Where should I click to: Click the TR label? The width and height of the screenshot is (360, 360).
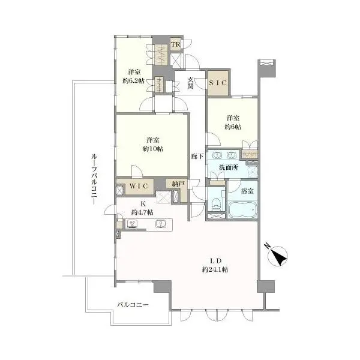(x=176, y=44)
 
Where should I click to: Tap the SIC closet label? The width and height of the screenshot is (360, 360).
(x=218, y=83)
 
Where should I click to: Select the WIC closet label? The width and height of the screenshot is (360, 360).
(x=139, y=186)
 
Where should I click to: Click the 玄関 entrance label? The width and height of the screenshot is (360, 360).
(x=190, y=83)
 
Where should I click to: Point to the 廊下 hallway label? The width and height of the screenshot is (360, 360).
(x=197, y=157)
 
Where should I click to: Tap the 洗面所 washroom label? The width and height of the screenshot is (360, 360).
(x=228, y=167)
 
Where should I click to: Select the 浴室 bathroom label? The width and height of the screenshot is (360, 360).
(x=247, y=191)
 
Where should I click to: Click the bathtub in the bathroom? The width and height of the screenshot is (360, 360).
(x=242, y=209)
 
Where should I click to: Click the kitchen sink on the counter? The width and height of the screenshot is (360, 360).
(x=161, y=224)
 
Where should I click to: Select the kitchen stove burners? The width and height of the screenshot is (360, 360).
(x=133, y=224)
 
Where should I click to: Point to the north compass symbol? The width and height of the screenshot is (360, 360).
(x=277, y=255)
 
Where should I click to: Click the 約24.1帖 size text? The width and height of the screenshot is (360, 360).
(x=215, y=269)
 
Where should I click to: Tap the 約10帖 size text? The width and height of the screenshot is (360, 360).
(x=153, y=149)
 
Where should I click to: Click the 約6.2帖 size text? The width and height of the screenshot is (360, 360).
(x=134, y=81)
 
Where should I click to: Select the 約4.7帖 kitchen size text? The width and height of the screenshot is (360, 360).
(x=142, y=212)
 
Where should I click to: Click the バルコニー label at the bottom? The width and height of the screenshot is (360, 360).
(x=133, y=305)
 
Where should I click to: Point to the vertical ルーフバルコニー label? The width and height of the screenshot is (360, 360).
(x=94, y=179)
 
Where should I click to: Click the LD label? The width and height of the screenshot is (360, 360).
(x=215, y=261)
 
